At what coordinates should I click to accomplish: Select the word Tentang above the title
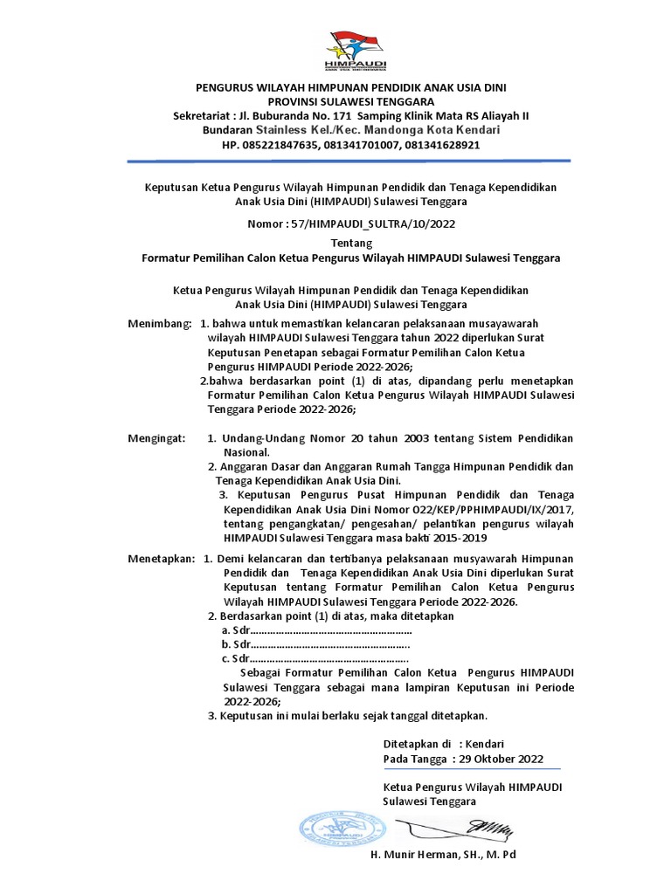[351, 244]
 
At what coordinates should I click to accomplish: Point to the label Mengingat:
[157, 438]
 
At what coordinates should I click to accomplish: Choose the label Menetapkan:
[162, 558]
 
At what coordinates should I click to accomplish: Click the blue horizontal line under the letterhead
[349, 161]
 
